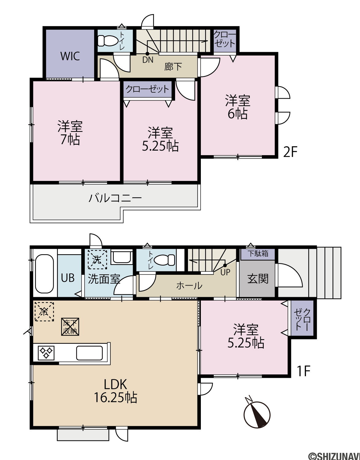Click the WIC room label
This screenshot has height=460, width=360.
[x=70, y=56]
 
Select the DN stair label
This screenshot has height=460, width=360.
[x=148, y=60]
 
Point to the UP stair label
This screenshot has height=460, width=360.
[x=225, y=272]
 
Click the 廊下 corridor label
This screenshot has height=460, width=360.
[x=173, y=67]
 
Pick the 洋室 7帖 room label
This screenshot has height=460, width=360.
[x=70, y=133]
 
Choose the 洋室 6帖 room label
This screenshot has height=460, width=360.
[x=238, y=107]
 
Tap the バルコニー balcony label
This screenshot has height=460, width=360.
[x=115, y=198]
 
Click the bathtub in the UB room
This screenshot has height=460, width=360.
[x=44, y=274]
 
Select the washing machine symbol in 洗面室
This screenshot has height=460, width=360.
[x=97, y=259]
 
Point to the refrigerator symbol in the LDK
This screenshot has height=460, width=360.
[x=44, y=312]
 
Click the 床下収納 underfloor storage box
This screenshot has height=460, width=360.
[x=70, y=327]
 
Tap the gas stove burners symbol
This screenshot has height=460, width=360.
[x=46, y=353]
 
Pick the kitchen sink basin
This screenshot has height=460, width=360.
[x=90, y=353]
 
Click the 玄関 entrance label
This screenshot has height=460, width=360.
[x=258, y=278]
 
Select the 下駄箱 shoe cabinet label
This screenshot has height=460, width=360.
[x=258, y=253]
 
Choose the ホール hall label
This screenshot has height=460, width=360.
[x=189, y=286]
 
